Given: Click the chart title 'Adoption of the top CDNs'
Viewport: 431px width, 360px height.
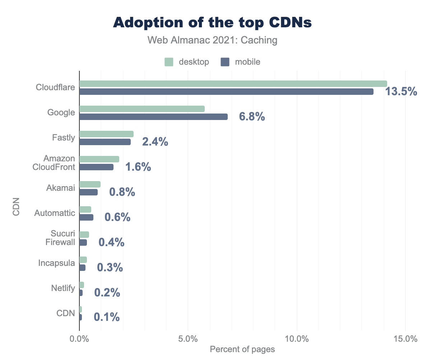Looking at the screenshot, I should [213, 22].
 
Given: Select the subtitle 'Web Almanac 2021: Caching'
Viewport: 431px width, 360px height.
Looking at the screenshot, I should [213, 40].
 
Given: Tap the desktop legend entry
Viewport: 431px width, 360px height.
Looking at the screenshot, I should [187, 62].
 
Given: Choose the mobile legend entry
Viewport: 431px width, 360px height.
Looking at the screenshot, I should [240, 62].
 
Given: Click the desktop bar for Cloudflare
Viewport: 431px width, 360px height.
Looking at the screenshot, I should [233, 84].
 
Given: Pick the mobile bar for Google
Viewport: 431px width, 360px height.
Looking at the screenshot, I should [153, 117].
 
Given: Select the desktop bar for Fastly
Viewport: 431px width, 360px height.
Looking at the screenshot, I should [106, 134].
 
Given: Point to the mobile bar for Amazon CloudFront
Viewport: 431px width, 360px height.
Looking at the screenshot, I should [96, 167].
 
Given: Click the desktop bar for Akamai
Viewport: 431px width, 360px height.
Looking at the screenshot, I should [90, 184].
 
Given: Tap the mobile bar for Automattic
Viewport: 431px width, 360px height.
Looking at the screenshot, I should [86, 217].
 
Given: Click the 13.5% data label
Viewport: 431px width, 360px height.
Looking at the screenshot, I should [401, 92].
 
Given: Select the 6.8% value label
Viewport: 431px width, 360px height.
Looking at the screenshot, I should [252, 117].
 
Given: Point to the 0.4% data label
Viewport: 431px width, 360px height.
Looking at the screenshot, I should [111, 243].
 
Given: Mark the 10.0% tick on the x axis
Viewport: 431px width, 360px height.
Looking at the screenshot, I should [297, 339].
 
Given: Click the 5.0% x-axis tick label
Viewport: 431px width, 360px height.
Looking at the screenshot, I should [188, 339].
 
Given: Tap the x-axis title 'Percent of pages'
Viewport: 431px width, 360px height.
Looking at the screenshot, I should [242, 349].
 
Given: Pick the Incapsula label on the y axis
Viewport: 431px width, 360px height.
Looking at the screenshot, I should [57, 263].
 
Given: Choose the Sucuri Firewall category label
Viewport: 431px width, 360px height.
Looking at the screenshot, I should [60, 238].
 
